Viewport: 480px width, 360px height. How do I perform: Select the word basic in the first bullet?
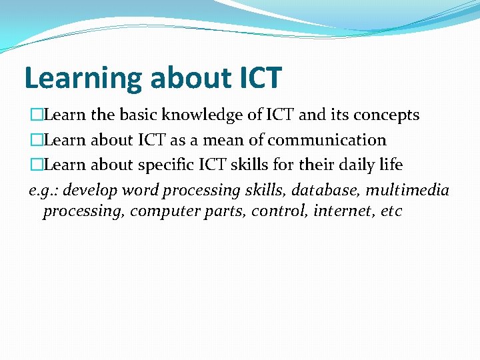pyautogui.click(x=139, y=115)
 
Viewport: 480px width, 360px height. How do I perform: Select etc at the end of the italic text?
pyautogui.click(x=391, y=212)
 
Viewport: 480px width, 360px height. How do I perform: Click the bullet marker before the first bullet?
pyautogui.click(x=35, y=115)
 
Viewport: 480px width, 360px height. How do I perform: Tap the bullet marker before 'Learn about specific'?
pyautogui.click(x=35, y=165)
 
